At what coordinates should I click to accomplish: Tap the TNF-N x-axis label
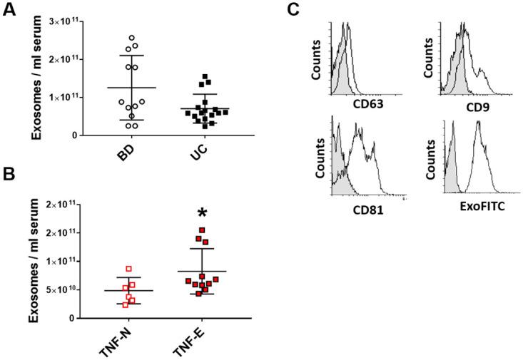113,339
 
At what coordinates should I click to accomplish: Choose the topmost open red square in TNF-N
128,269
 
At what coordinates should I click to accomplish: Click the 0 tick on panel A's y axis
73,135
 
